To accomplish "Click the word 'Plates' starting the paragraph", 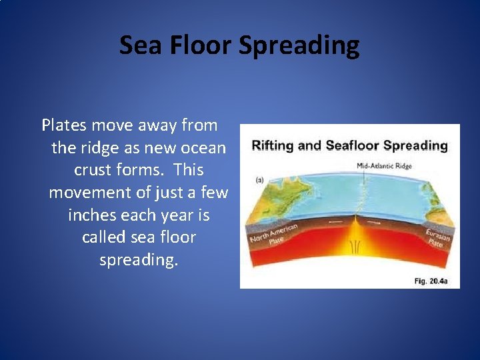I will pyautogui.click(x=65, y=125).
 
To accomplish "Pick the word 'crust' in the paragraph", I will pyautogui.click(x=93, y=170).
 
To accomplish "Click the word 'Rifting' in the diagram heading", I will pyautogui.click(x=273, y=145).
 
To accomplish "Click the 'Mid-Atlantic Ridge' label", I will pyautogui.click(x=385, y=165).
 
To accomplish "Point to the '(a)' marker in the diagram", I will pyautogui.click(x=259, y=180).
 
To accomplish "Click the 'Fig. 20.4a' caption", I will pyautogui.click(x=431, y=281).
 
